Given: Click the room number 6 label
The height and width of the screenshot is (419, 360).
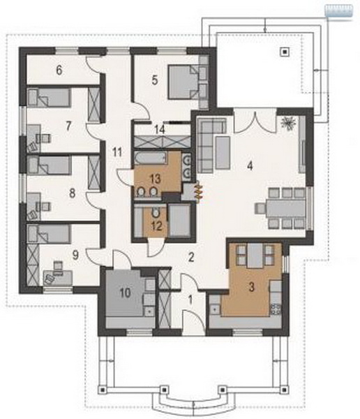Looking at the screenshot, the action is point(59,71).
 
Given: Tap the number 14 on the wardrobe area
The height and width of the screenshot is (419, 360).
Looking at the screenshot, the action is point(160,130).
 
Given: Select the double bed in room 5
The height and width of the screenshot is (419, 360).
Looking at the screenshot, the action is point(183,82).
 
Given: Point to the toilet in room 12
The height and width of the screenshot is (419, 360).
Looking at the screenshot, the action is point(155,213).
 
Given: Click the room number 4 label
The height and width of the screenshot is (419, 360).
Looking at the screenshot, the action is point(250,166).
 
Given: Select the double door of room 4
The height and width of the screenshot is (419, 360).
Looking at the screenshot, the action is point(255,122).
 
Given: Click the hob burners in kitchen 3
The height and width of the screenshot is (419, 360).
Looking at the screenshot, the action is point(276,309).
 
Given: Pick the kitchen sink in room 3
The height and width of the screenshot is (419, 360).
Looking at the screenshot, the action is point(214,309).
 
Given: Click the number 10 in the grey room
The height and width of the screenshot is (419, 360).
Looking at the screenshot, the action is point(126,293).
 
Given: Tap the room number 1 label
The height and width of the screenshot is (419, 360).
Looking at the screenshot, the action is point(190,300).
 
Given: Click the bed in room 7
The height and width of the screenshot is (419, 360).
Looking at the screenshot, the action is point(49,98).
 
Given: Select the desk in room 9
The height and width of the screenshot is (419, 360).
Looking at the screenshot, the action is point(58,277).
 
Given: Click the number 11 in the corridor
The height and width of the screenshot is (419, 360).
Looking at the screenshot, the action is point(117,152).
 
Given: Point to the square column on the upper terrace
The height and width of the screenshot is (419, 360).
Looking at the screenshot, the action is point(285,52).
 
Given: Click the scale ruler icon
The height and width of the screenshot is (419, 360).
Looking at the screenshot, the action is point(338,12).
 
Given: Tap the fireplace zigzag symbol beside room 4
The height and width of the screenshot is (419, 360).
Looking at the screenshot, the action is point(199,190).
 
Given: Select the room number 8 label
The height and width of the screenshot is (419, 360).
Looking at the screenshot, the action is point(72,193).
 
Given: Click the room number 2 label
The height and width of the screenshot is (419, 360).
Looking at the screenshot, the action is point(191,257).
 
